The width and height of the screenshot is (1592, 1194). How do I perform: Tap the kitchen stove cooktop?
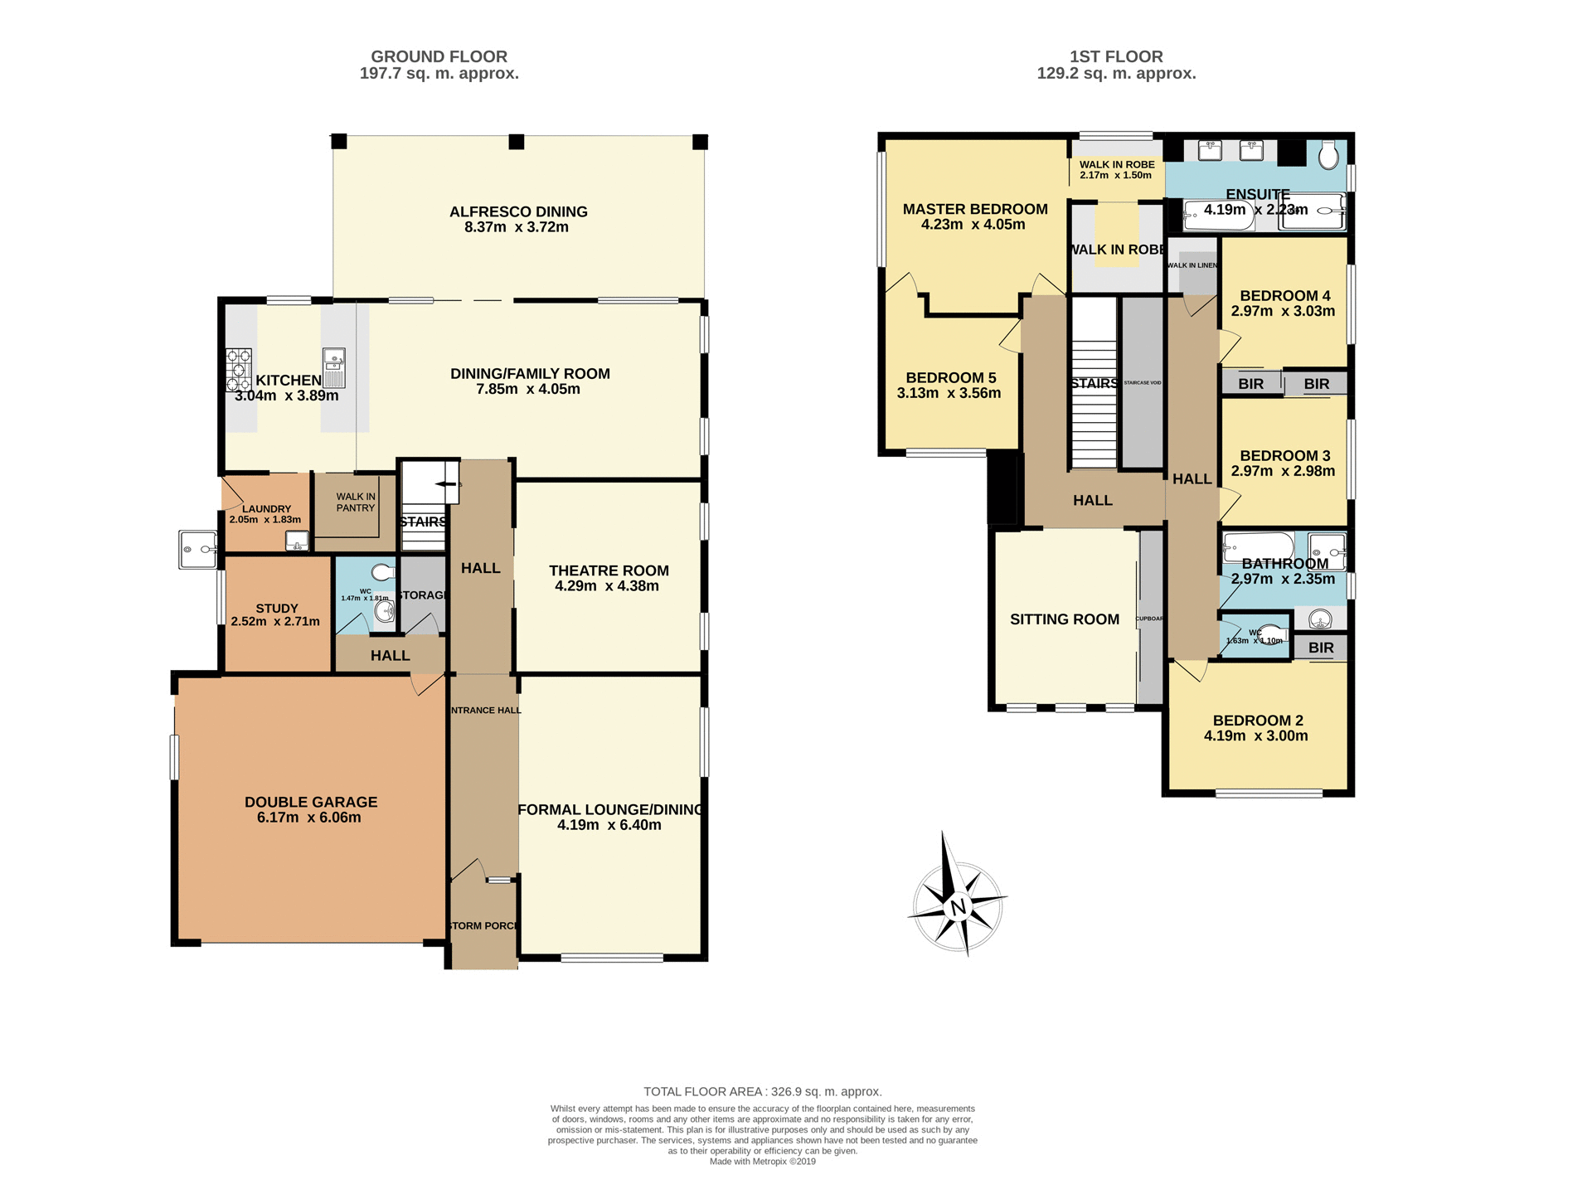click(x=238, y=369)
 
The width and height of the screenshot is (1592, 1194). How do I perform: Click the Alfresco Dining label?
click(x=518, y=212)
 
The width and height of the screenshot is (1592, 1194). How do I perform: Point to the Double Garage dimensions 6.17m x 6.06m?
click(x=308, y=818)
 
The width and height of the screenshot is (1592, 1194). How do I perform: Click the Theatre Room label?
click(x=609, y=570)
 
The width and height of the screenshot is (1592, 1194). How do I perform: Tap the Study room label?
click(x=276, y=608)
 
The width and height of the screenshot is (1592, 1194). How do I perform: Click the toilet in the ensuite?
click(x=1328, y=155)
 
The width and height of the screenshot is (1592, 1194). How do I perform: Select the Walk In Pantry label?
click(x=356, y=502)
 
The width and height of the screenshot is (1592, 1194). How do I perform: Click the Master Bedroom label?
click(x=975, y=209)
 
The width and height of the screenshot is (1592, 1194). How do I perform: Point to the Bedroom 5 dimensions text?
click(x=949, y=393)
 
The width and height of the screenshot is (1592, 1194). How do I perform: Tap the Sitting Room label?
click(x=1065, y=619)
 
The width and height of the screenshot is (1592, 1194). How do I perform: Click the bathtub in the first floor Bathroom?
click(x=1259, y=546)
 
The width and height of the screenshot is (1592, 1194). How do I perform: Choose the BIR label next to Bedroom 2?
click(x=1321, y=648)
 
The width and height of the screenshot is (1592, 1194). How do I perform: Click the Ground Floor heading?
click(x=439, y=56)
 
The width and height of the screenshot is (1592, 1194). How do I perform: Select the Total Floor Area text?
click(x=762, y=1091)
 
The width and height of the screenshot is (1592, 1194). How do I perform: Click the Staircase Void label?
click(x=1143, y=383)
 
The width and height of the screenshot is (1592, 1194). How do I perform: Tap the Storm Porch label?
click(x=483, y=925)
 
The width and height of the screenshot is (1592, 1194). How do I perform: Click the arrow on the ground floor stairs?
click(x=447, y=483)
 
